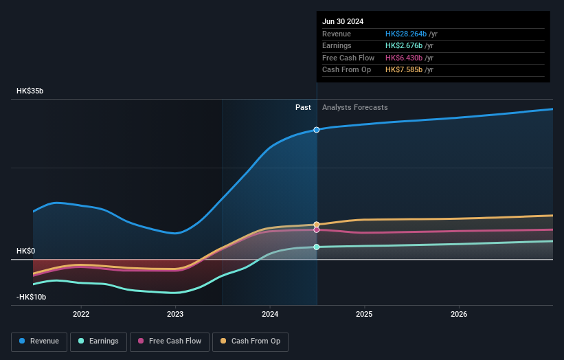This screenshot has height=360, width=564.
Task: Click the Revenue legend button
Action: [39, 341]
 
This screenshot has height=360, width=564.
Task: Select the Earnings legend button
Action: [98, 341]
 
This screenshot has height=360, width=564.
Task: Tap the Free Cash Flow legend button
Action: [169, 341]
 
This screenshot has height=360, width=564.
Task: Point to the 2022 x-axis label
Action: [81, 314]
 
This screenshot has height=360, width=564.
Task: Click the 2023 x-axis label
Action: [175, 314]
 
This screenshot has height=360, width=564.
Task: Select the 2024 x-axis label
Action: [270, 314]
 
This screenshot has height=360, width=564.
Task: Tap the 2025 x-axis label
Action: [364, 314]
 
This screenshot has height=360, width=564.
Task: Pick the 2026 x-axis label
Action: [459, 314]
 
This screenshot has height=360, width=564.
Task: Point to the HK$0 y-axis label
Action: [25, 251]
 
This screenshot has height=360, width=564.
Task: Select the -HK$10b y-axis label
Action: [32, 297]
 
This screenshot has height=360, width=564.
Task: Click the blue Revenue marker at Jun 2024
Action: [317, 129]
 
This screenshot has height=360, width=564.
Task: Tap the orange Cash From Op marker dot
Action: [317, 225]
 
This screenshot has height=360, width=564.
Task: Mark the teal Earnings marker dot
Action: [317, 247]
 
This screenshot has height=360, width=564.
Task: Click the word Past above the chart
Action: [303, 108]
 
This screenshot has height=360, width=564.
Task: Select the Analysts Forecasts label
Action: [355, 108]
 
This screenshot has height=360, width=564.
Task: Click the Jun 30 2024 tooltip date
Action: [343, 21]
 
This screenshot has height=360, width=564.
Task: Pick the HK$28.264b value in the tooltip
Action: [406, 34]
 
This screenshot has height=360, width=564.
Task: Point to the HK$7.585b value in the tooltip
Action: [404, 70]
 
